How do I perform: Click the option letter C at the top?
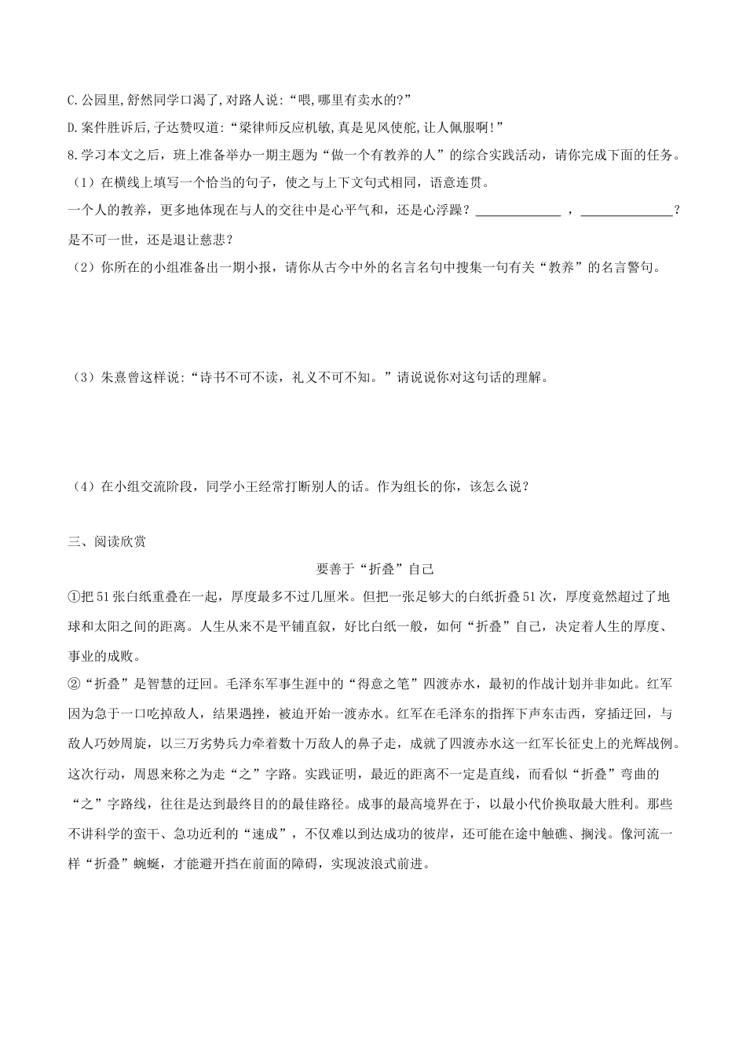coord(72,100)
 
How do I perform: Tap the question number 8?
coord(72,155)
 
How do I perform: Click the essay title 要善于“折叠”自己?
coord(374,569)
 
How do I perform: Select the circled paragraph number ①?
coord(75,597)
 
